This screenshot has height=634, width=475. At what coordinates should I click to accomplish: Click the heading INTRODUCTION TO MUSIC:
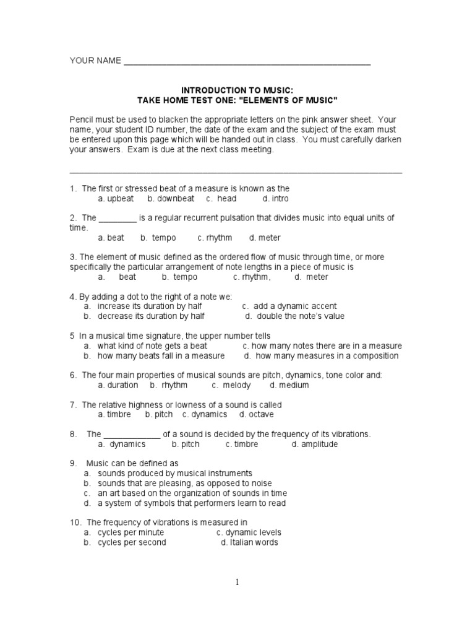pos(236,90)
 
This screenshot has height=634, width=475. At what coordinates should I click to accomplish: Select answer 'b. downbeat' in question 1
pos(171,199)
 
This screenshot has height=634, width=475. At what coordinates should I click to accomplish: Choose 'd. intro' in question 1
pos(275,199)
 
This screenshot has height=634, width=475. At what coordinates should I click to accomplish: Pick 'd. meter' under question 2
pos(265,238)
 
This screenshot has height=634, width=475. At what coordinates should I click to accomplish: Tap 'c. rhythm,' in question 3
pos(252,277)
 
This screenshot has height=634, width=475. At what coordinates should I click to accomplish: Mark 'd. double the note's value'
pos(294,316)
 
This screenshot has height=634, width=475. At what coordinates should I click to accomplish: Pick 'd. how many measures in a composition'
pos(321,356)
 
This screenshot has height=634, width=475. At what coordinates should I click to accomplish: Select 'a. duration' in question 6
pos(118,385)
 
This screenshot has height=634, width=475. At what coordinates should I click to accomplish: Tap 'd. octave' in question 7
pos(257,414)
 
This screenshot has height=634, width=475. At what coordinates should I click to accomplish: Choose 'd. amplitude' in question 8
pos(315,444)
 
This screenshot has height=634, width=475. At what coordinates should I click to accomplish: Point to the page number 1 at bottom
pos(236,582)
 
